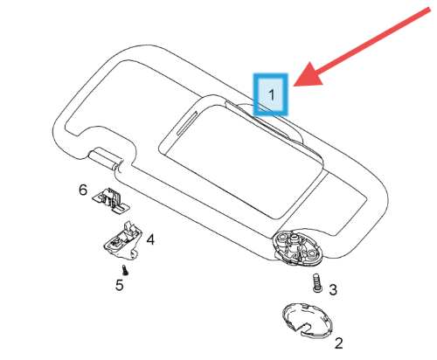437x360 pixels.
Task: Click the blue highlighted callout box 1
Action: point(271,94)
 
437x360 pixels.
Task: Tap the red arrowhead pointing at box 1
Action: point(308,75)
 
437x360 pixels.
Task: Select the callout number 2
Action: point(338,343)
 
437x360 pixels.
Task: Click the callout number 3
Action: point(333,289)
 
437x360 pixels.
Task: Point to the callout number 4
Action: point(150,239)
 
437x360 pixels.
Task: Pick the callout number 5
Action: point(120,285)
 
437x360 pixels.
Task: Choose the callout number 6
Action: point(83,190)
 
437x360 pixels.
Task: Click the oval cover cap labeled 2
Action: point(307,321)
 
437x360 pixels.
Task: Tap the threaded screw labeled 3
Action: point(317,283)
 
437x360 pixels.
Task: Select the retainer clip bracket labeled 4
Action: point(122,240)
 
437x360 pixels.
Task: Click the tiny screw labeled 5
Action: point(125,270)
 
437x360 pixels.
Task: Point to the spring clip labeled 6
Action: point(111,200)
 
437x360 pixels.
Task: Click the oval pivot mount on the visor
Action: point(296,248)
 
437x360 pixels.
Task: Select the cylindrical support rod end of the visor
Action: point(104,159)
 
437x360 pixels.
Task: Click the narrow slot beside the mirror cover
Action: point(189,123)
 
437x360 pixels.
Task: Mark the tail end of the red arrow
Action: point(429,10)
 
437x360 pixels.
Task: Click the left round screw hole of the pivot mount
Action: point(281,238)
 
